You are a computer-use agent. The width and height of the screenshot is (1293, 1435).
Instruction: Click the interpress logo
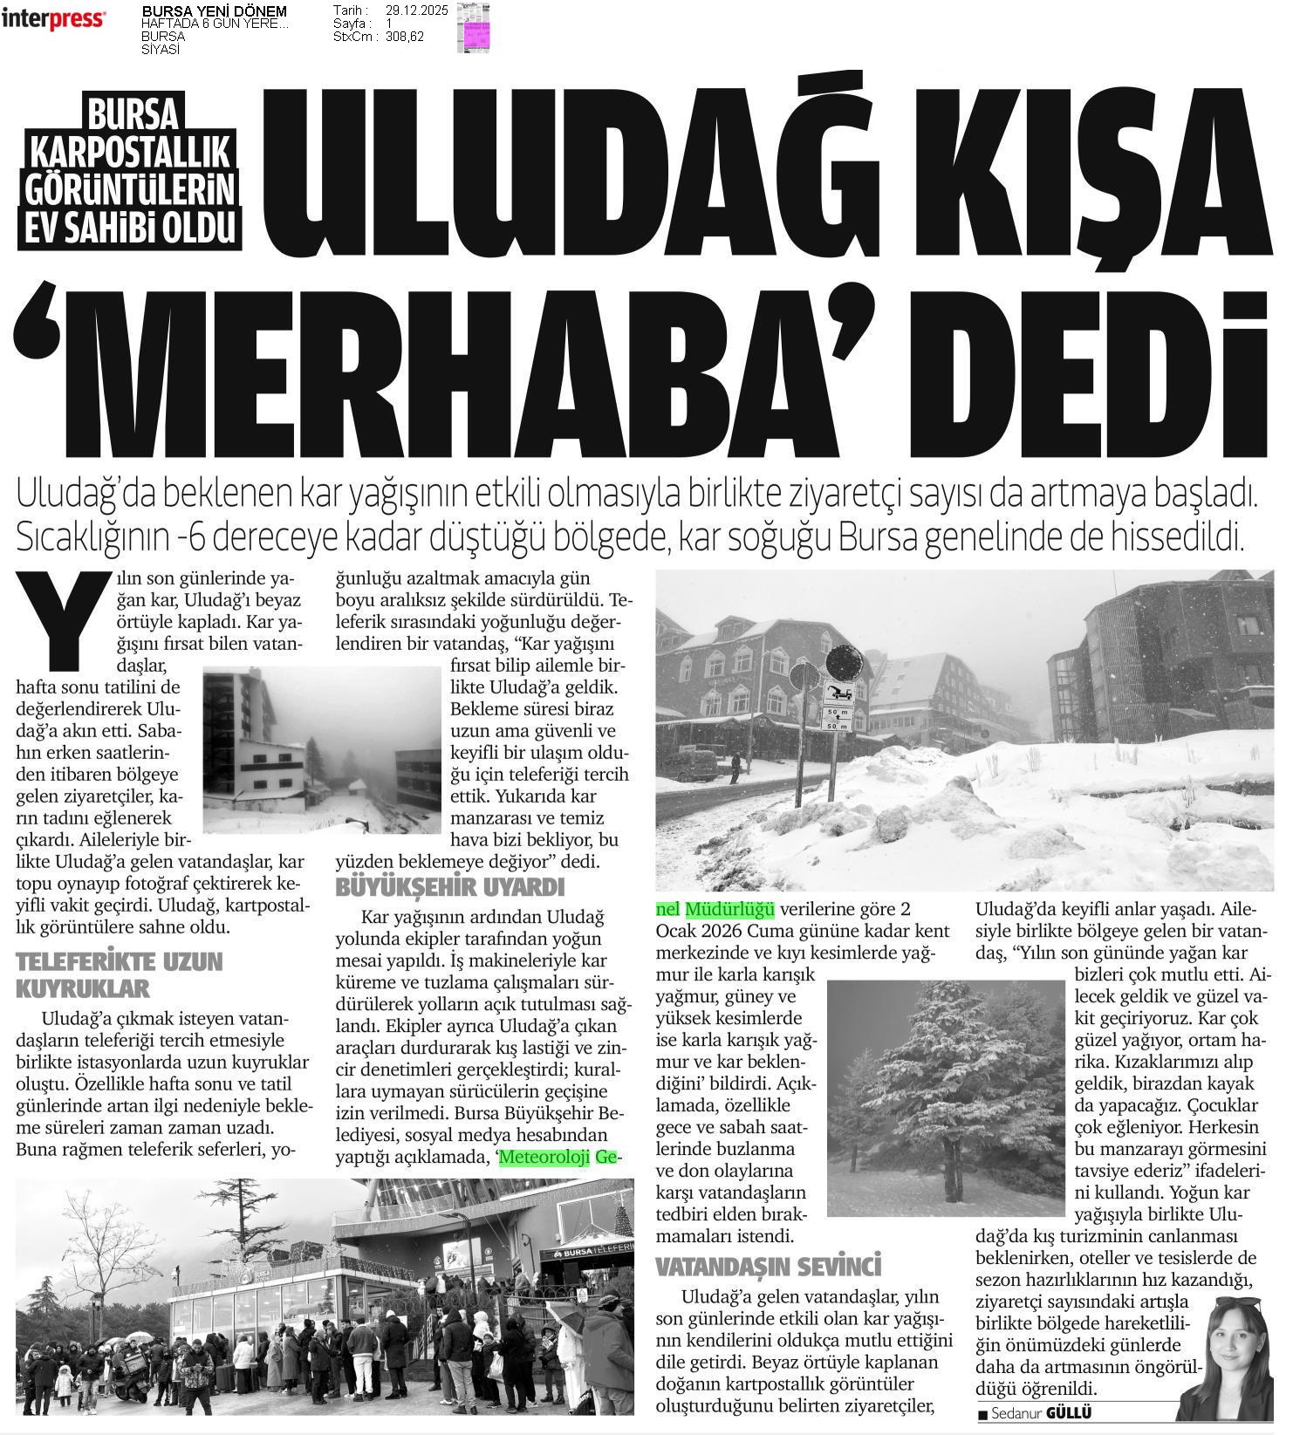(x=54, y=19)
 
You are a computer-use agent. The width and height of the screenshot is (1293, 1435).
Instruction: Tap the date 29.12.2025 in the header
(x=416, y=10)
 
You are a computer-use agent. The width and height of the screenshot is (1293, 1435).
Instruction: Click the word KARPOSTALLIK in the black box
(x=131, y=152)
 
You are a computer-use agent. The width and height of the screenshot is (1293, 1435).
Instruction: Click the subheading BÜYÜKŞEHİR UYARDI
(x=450, y=888)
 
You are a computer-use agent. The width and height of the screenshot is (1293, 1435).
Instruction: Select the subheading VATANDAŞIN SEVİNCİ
(x=768, y=1266)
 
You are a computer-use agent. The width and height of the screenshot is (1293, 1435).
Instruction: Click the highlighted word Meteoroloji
(x=546, y=1158)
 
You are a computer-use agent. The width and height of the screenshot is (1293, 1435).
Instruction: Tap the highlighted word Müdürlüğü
(x=729, y=909)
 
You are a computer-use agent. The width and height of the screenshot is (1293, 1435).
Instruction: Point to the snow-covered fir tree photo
(x=945, y=1097)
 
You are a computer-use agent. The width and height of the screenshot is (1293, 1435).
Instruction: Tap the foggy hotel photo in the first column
(x=321, y=750)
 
